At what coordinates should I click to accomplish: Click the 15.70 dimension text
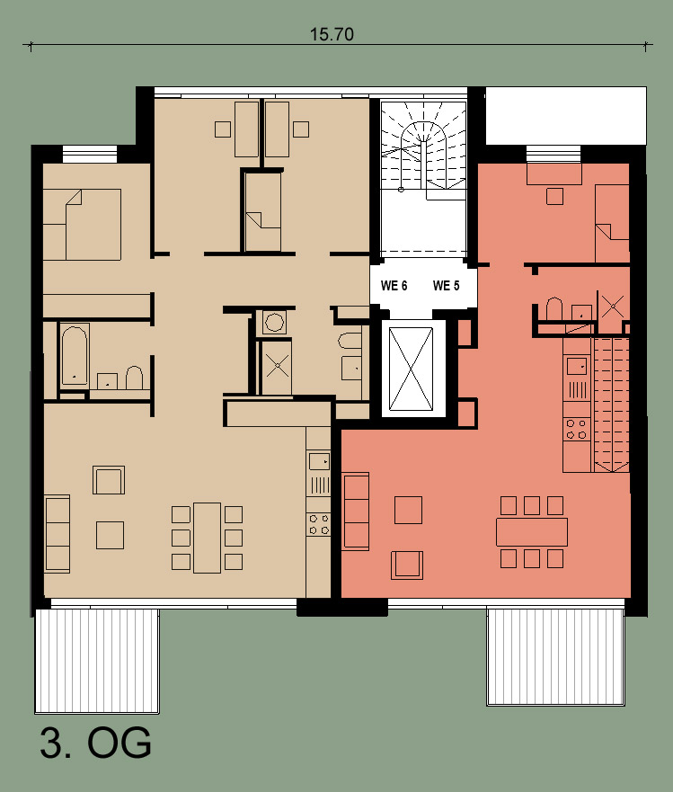coord(332,34)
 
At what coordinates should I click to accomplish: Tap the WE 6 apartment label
coord(394,286)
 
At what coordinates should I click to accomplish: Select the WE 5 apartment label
coord(447,286)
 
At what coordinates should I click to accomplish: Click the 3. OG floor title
coord(95,743)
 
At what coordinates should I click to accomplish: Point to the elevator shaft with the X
coord(411,369)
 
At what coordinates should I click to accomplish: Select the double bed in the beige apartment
coord(82,225)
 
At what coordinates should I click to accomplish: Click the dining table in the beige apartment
coord(207,538)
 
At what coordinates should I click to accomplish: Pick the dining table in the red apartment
coord(532,532)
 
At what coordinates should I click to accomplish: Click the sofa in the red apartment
coord(356,511)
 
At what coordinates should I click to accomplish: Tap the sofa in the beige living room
coord(57,534)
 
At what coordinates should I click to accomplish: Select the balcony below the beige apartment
coord(97,661)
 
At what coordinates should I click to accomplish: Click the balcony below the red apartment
coord(556,656)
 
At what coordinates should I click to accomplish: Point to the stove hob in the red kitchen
coord(577,429)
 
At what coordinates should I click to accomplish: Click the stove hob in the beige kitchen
coord(319,524)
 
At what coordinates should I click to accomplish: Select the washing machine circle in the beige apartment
coord(274,322)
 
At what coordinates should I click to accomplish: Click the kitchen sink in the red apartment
coord(577,365)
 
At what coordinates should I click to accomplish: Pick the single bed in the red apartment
coord(613,224)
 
